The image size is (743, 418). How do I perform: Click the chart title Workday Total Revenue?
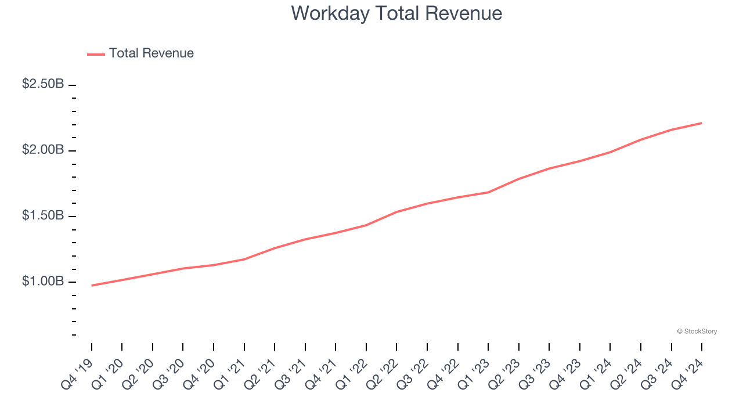tap(396, 13)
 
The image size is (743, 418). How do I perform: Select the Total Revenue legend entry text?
tap(151, 53)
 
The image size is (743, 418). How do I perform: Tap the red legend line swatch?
tap(96, 54)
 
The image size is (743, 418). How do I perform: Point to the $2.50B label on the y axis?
tap(43, 84)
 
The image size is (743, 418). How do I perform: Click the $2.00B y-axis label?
tap(43, 150)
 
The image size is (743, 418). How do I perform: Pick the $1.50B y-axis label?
tap(43, 215)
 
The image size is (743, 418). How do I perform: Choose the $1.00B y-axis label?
tap(43, 282)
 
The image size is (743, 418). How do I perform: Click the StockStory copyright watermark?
tap(697, 331)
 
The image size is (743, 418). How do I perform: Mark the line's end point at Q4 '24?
tap(702, 123)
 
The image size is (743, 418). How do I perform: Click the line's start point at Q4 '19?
tap(92, 286)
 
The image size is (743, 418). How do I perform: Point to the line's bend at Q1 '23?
tap(488, 192)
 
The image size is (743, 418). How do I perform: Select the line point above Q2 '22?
tap(396, 212)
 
